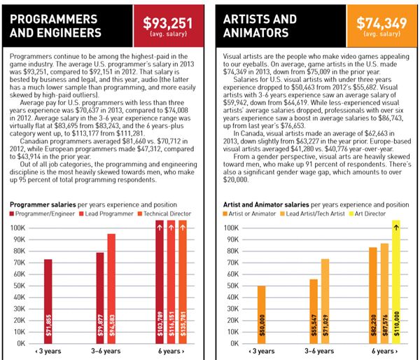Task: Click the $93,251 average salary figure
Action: pos(168,23)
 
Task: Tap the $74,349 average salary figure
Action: pos(381,23)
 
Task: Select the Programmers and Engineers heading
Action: pos(55,26)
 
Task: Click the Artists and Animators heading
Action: pos(260,26)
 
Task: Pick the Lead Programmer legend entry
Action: pos(106,214)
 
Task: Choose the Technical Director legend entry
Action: pos(164,214)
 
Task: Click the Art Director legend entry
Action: pos(367,214)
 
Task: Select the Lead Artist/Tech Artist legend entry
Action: pos(312,214)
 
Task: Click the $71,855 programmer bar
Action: pos(48,302)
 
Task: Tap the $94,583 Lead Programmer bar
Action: pos(111,289)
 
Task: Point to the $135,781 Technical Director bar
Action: pos(183,282)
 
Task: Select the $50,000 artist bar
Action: pos(262,314)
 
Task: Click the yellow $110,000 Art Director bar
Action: pos(396,282)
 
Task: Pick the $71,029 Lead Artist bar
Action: pos(325,301)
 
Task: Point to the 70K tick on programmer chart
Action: pos(20,263)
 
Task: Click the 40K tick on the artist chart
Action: pos(232,297)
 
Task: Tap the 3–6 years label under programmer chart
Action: pos(106,351)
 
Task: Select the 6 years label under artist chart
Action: pos(384,351)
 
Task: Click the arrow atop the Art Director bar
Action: pos(396,228)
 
